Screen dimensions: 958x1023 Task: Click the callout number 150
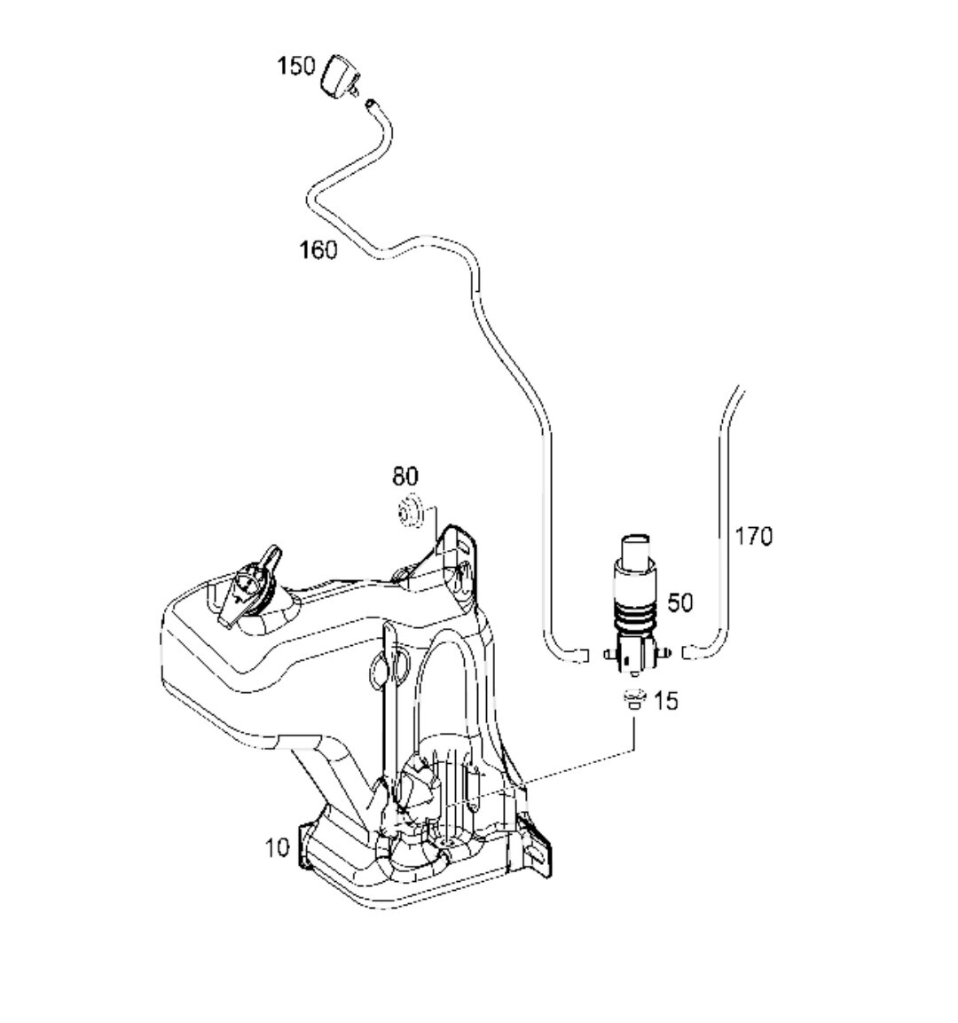pos(296,66)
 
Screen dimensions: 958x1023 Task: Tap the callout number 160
pos(318,249)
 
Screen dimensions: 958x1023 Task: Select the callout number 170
pos(754,536)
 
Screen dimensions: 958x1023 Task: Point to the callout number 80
pos(405,476)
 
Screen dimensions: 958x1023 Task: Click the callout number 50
pos(680,602)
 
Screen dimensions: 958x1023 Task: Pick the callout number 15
pos(666,701)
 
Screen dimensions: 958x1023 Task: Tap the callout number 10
pos(277,847)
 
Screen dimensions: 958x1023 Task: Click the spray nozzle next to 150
pos(340,76)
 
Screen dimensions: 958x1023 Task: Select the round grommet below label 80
pos(410,511)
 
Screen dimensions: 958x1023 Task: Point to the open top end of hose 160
pos(371,103)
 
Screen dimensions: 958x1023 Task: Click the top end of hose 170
pos(740,389)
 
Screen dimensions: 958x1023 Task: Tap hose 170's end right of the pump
pos(687,652)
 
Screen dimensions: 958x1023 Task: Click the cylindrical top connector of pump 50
pos(636,548)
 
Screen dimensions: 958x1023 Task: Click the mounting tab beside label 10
pos(304,846)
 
